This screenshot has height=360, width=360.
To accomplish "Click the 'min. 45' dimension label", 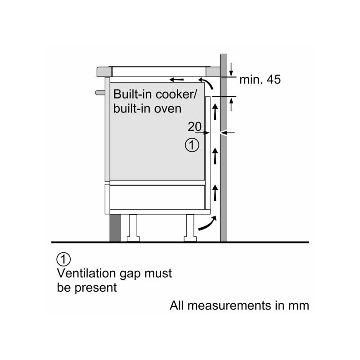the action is pos(260,80).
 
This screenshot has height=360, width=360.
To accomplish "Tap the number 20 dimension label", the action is pos(195,126).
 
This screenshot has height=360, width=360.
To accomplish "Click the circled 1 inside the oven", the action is pos(192,145).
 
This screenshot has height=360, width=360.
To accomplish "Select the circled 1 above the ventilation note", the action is pos(63,260).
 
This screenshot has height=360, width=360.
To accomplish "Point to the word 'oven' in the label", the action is pos(167,108).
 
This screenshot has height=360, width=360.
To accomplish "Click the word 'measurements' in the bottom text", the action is pos(229,306).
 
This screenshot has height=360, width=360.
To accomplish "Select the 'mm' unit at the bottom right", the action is pos(299,306).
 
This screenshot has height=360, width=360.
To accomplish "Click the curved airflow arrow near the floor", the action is pos(207,223).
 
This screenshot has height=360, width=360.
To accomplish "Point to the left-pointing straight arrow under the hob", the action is pos(176,80).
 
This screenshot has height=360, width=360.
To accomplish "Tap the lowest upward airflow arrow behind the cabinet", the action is pos(215,193).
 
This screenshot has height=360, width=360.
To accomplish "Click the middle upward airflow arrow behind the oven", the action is pos(215,156).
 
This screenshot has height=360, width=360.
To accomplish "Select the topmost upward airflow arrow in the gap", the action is pos(215,112).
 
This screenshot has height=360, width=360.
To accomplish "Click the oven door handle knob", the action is pos(100,93).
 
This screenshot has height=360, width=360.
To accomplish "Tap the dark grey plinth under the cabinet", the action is pos(115,228).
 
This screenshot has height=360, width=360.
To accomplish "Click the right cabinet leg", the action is pos(190,228).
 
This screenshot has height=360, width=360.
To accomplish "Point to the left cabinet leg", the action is pos(133,228).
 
